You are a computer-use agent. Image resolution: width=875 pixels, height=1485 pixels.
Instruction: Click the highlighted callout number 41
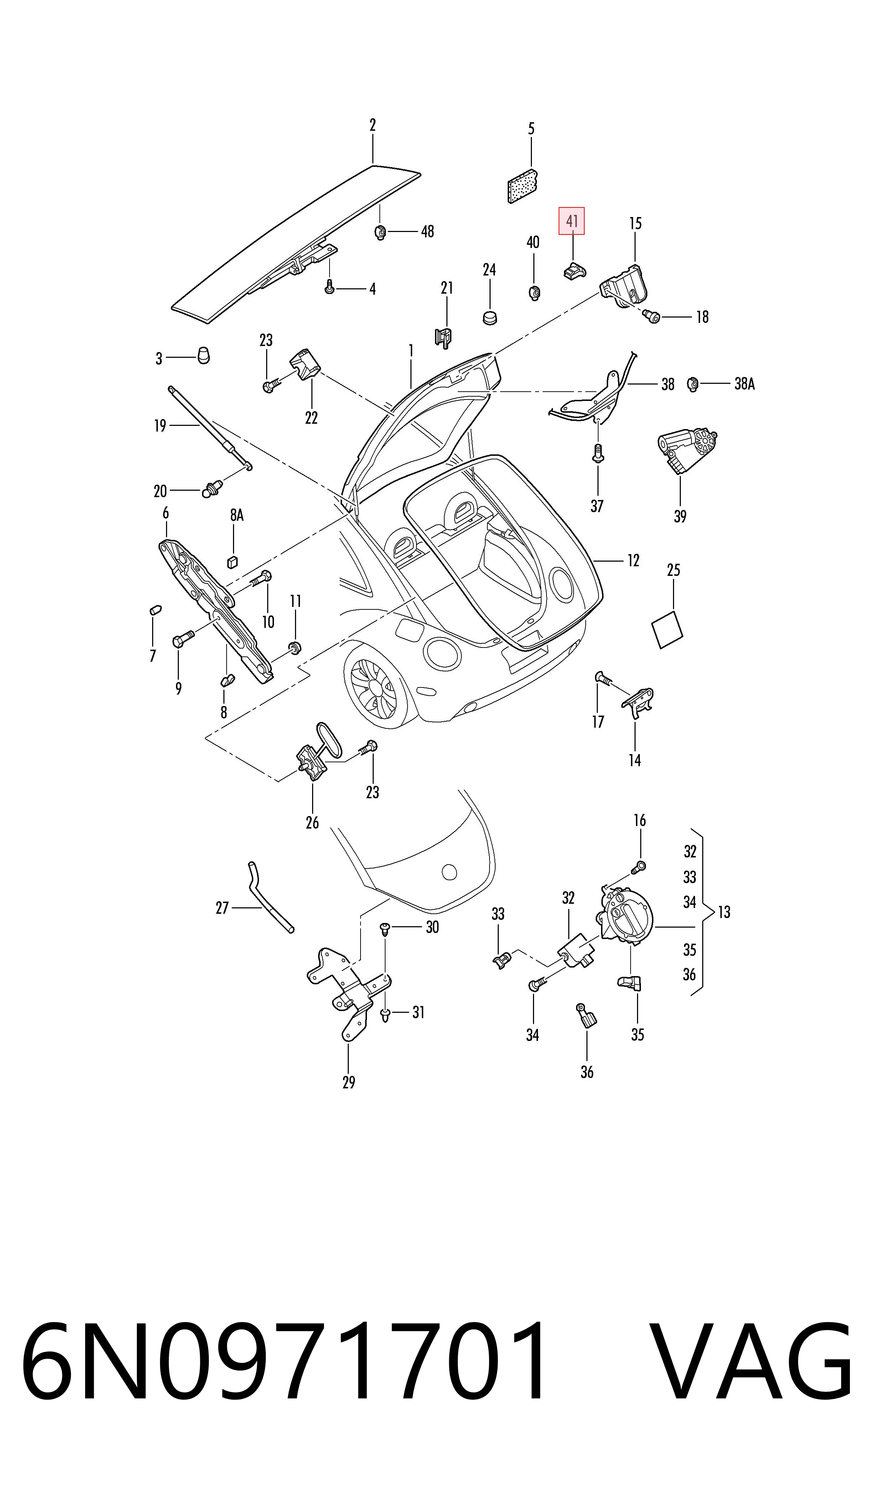tap(571, 221)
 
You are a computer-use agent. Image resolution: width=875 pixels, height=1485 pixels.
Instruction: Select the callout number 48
tap(428, 232)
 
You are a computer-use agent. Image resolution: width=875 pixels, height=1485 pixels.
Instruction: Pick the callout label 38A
tap(745, 384)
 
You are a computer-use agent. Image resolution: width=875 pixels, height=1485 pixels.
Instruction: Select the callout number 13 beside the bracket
tap(724, 912)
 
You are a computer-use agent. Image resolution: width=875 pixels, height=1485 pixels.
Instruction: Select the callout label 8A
tap(237, 515)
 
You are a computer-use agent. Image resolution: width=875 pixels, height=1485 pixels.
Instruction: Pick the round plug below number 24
tap(490, 318)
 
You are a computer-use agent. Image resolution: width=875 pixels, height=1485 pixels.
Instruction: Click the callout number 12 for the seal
tap(633, 560)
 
